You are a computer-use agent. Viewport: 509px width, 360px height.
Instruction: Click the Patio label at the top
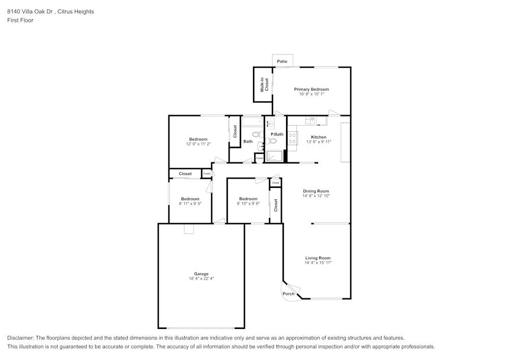click(282, 62)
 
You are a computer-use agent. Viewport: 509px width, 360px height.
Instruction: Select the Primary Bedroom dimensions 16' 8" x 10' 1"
click(311, 94)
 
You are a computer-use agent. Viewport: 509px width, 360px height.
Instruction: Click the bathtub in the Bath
click(252, 122)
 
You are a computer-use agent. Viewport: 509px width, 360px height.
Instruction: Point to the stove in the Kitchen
click(293, 138)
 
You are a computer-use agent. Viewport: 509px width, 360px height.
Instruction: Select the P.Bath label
click(277, 134)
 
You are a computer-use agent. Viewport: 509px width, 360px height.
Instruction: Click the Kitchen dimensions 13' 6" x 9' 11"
click(319, 142)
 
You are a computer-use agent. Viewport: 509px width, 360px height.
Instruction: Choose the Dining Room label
click(316, 191)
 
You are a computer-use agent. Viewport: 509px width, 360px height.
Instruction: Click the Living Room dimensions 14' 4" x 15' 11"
click(318, 263)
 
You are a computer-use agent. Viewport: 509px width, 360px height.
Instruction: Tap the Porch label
click(288, 294)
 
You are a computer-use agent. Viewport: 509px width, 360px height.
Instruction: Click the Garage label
click(201, 273)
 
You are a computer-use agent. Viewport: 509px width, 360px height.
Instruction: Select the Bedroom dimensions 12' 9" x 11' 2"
click(198, 144)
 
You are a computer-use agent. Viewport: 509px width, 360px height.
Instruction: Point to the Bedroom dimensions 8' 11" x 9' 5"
click(190, 204)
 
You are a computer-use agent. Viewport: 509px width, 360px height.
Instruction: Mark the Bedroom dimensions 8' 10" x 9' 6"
click(248, 204)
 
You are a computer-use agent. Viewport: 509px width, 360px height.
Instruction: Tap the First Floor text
click(20, 20)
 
